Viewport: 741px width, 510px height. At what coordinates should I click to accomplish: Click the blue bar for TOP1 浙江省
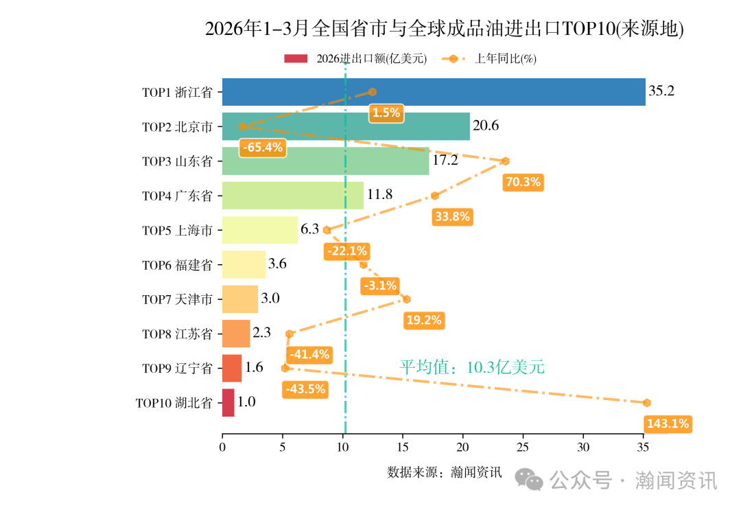pos(433,92)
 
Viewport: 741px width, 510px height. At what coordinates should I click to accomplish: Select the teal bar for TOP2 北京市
pos(346,126)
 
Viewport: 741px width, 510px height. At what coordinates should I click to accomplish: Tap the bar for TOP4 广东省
pos(292,196)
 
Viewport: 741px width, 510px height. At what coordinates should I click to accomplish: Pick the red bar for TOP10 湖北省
pos(228,403)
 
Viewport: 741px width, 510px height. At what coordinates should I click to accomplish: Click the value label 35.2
pos(661,91)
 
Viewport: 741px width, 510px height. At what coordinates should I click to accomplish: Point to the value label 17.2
pos(445,161)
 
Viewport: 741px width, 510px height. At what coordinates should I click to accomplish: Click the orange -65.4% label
pos(262,148)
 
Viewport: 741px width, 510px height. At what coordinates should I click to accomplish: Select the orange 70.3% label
pos(523,182)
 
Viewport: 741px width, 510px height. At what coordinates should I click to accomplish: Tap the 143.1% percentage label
pos(667,424)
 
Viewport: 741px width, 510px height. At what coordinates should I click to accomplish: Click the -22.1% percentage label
pos(347,251)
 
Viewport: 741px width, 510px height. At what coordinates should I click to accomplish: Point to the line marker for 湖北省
pos(646,403)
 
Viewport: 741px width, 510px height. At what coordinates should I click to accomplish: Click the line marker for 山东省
pos(505,161)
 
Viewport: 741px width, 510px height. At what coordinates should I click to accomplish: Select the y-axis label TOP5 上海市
pos(177,231)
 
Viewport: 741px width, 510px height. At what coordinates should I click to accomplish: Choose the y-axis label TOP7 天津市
pos(177,299)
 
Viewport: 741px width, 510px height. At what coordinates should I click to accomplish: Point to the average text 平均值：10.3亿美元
pos(472,367)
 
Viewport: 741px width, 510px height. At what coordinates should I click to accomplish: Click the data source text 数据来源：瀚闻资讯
pos(444,472)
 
